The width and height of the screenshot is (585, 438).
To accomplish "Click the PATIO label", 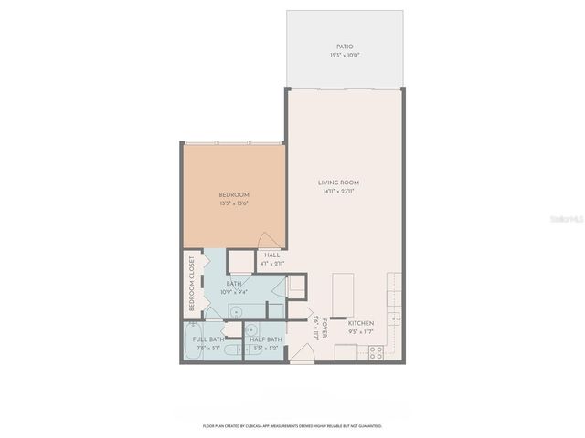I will click(x=344, y=47).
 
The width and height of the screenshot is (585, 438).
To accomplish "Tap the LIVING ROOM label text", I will click(x=337, y=183).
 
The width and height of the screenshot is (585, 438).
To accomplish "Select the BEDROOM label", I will click(x=234, y=195).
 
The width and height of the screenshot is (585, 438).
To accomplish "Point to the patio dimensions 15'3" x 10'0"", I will click(x=344, y=56).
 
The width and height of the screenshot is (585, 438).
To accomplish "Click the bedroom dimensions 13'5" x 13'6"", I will click(x=234, y=203).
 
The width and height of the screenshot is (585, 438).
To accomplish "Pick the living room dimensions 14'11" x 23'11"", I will click(x=337, y=192).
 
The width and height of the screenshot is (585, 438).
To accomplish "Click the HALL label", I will click(x=271, y=255).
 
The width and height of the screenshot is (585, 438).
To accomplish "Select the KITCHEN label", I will click(x=359, y=323).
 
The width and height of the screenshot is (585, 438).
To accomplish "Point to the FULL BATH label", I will click(x=208, y=339).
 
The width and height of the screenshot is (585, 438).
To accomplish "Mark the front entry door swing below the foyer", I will click(x=301, y=356).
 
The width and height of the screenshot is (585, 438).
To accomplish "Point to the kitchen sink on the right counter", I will click(x=393, y=318).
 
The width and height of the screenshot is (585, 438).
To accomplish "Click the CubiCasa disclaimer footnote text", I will click(x=292, y=426).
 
